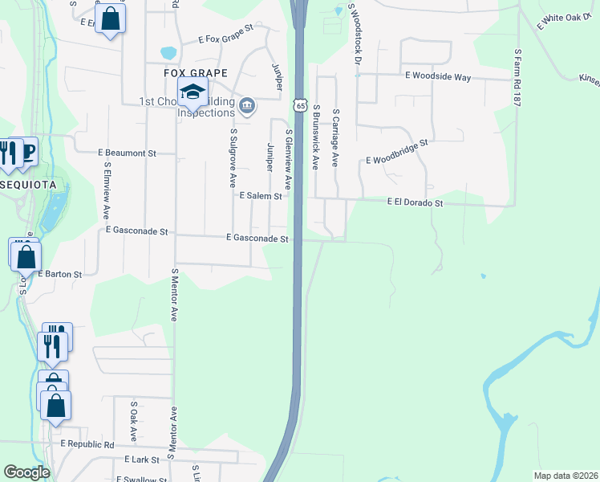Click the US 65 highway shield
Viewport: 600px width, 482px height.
[x=299, y=105]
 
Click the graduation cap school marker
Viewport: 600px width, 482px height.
[x=193, y=93]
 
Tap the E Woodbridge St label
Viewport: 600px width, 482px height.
[x=397, y=150]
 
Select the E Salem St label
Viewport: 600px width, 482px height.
[x=261, y=195]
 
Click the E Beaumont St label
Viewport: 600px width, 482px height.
[x=126, y=152]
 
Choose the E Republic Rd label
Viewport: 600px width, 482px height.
[x=87, y=444]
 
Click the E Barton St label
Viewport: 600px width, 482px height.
[x=59, y=274]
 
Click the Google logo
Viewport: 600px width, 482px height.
[x=27, y=472]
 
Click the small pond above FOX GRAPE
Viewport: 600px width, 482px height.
[x=168, y=54]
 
